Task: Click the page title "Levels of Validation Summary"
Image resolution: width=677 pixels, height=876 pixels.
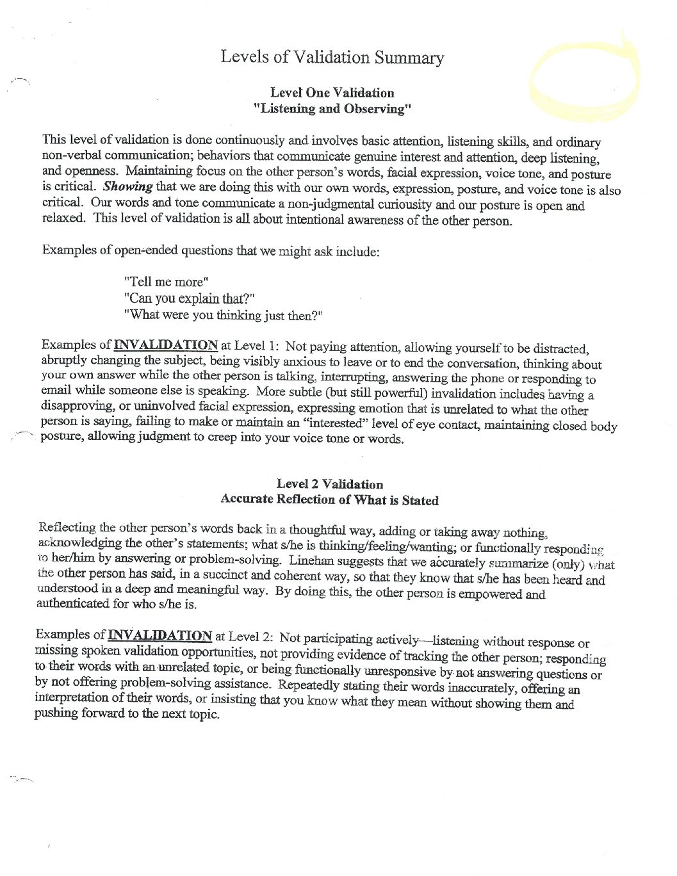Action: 332,57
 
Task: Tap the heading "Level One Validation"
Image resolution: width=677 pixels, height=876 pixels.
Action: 332,93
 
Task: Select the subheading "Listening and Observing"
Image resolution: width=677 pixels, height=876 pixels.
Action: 332,108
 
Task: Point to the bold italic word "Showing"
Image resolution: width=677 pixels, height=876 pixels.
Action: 127,187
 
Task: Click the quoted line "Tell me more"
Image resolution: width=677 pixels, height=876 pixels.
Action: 166,282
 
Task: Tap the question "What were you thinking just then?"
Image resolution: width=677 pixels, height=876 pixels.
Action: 224,315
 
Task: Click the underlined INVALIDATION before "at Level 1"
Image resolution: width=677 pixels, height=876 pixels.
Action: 165,346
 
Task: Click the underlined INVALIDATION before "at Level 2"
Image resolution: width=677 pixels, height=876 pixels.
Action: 159,635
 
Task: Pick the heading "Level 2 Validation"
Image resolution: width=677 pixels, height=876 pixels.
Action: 330,485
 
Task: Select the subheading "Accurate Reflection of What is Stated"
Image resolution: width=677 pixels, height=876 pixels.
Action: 329,499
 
